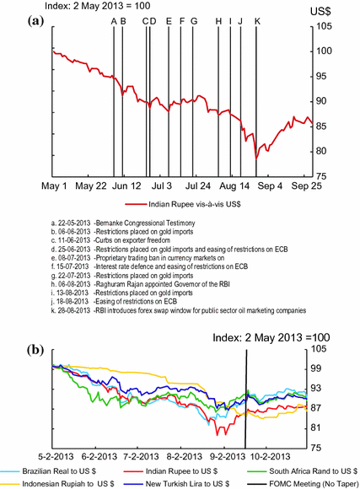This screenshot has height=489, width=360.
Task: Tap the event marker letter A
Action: [x=114, y=21]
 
